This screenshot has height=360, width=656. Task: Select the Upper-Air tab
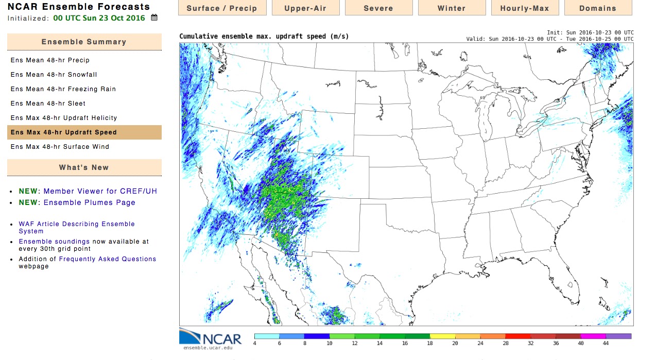pyautogui.click(x=305, y=8)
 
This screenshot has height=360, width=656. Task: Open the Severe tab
pyautogui.click(x=378, y=8)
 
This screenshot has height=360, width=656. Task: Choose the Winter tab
pyautogui.click(x=452, y=8)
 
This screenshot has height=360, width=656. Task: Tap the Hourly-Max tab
pyautogui.click(x=525, y=8)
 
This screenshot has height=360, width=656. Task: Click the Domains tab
pyautogui.click(x=598, y=8)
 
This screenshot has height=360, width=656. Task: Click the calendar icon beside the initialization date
pyautogui.click(x=154, y=18)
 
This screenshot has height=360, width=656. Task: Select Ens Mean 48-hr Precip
pyautogui.click(x=50, y=60)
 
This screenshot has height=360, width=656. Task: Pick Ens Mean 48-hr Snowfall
pyautogui.click(x=54, y=75)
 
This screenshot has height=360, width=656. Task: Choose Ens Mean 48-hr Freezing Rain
pyautogui.click(x=63, y=89)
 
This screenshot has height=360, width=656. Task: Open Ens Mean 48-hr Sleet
pyautogui.click(x=48, y=104)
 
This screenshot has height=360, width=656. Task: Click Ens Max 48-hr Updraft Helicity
pyautogui.click(x=64, y=118)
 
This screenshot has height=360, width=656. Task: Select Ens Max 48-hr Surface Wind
pyautogui.click(x=60, y=147)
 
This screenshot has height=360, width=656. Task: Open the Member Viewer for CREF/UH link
pyautogui.click(x=100, y=191)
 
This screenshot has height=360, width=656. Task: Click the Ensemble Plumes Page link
pyautogui.click(x=90, y=202)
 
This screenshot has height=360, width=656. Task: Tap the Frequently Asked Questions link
pyautogui.click(x=108, y=259)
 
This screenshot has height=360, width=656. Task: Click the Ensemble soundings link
pyautogui.click(x=54, y=242)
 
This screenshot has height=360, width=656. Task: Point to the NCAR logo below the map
pyautogui.click(x=211, y=338)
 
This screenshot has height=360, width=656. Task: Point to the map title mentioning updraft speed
pyautogui.click(x=264, y=37)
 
